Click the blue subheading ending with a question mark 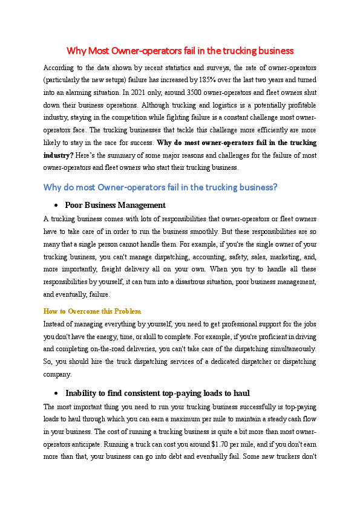160,187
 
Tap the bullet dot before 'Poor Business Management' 56,206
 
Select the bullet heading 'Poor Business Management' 115,206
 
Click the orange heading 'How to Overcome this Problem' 92,311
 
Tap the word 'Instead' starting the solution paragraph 56,323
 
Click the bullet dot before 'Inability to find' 56,393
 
